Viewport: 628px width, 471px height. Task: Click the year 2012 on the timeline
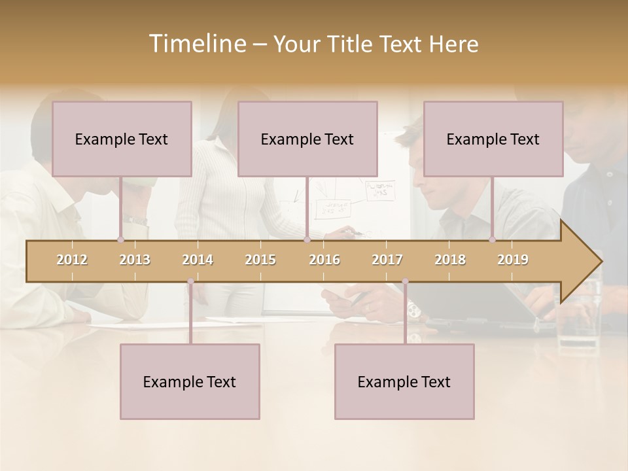pyautogui.click(x=72, y=260)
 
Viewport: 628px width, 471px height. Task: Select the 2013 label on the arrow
pyautogui.click(x=135, y=260)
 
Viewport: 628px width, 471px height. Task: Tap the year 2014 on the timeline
pyautogui.click(x=198, y=260)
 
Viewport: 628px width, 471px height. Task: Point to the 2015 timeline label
pyautogui.click(x=260, y=260)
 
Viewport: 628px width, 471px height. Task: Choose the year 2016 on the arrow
pyautogui.click(x=324, y=260)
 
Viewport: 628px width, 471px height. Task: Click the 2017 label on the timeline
pyautogui.click(x=387, y=260)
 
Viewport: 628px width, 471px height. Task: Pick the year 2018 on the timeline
pyautogui.click(x=450, y=260)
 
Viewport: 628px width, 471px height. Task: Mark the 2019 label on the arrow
pyautogui.click(x=513, y=260)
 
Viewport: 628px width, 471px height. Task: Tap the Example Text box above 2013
pyautogui.click(x=122, y=139)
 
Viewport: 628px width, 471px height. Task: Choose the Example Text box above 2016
pyautogui.click(x=307, y=139)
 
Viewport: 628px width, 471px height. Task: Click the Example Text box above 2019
pyautogui.click(x=493, y=139)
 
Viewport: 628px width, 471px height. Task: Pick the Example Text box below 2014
pyautogui.click(x=190, y=381)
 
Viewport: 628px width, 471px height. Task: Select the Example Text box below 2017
pyautogui.click(x=404, y=381)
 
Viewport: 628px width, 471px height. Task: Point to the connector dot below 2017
pyautogui.click(x=405, y=282)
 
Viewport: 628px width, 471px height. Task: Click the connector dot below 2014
pyautogui.click(x=190, y=282)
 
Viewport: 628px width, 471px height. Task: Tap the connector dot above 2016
pyautogui.click(x=307, y=239)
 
